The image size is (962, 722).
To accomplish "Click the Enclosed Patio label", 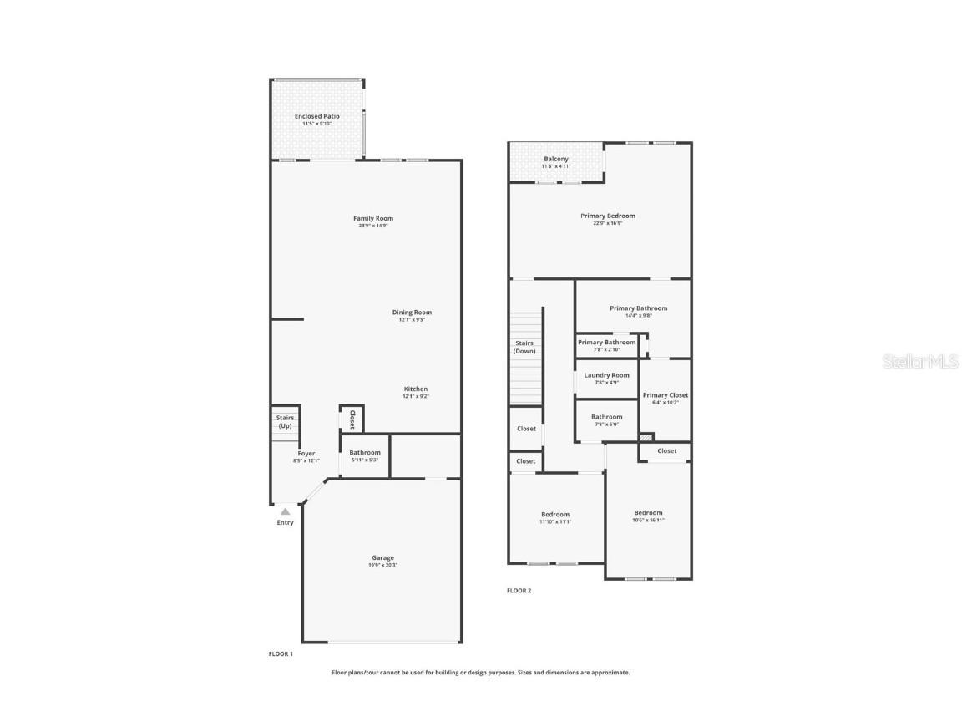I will [x=316, y=116].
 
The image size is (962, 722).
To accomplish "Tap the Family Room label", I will [x=372, y=218].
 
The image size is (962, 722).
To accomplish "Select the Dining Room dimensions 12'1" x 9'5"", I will [x=412, y=319].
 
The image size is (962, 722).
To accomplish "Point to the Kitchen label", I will [x=415, y=389].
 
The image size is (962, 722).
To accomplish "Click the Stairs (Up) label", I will [x=285, y=421].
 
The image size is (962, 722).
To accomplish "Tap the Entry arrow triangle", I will [x=285, y=511].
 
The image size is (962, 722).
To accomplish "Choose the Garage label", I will [x=382, y=557].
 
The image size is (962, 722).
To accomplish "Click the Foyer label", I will [x=306, y=453].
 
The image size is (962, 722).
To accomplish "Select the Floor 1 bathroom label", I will [x=364, y=452].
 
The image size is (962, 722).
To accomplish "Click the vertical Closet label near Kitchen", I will [x=352, y=419].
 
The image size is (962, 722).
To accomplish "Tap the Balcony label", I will [x=555, y=159].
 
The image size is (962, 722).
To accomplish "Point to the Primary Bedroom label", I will [x=607, y=216].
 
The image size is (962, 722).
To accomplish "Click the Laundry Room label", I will [x=606, y=375].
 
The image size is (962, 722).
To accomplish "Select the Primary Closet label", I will [x=665, y=395].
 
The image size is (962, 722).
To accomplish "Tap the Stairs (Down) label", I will [x=524, y=347].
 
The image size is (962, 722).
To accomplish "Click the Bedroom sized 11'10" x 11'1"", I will [x=554, y=514].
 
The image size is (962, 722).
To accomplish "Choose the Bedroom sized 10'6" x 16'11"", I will [x=647, y=512].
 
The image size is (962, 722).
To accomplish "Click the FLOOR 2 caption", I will [x=519, y=591].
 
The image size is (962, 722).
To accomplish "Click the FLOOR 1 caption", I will [x=281, y=653].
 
